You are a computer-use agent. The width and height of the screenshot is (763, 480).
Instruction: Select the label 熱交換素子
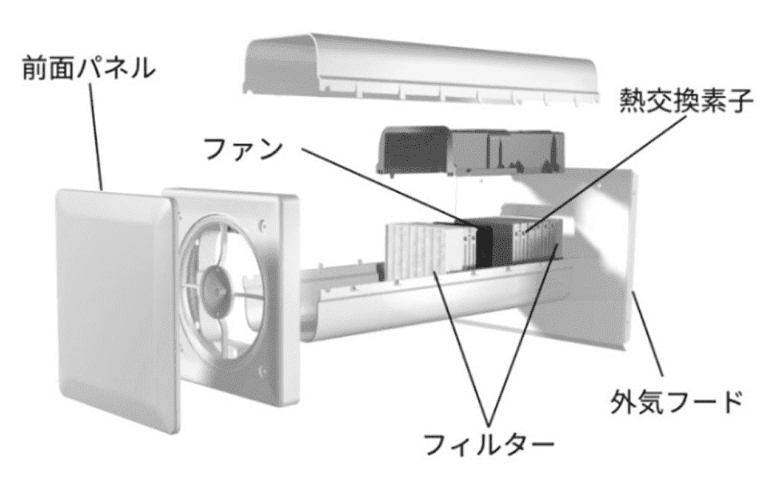click(x=678, y=100)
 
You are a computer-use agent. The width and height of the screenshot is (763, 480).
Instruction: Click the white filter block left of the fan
click(x=424, y=248)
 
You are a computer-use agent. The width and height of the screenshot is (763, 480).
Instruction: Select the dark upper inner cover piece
click(x=416, y=148)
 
